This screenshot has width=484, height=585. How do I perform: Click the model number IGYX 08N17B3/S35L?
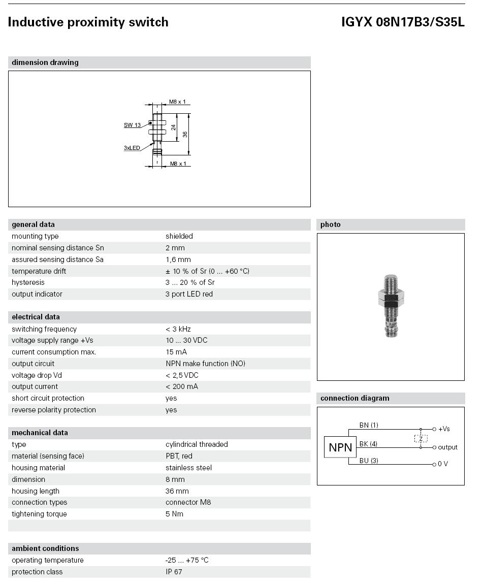tap(403, 22)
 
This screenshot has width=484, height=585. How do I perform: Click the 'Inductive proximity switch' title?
tap(88, 22)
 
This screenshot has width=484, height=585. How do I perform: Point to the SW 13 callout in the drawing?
tap(132, 125)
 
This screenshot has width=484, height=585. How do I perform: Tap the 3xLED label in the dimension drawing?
tap(132, 148)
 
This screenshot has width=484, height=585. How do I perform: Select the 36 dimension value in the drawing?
tap(185, 134)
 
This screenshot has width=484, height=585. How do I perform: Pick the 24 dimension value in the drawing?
tap(173, 127)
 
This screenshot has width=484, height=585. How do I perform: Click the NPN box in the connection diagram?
tap(340, 447)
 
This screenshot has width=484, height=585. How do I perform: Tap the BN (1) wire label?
tap(369, 425)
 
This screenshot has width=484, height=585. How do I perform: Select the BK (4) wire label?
tap(368, 444)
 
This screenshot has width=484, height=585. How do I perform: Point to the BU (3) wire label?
tap(369, 461)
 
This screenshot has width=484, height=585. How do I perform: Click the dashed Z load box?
tap(421, 438)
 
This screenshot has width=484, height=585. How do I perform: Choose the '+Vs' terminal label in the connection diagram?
tap(444, 429)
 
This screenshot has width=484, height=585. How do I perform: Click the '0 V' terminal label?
tap(443, 464)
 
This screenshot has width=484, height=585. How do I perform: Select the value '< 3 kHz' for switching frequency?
tap(178, 329)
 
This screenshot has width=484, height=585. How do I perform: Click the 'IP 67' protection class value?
tap(174, 572)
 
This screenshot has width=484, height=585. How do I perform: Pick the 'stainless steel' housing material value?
tap(188, 468)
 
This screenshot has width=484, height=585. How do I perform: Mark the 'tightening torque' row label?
tap(39, 514)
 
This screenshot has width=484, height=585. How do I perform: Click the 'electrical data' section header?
tap(36, 317)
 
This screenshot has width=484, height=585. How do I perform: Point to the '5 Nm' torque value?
tap(174, 514)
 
